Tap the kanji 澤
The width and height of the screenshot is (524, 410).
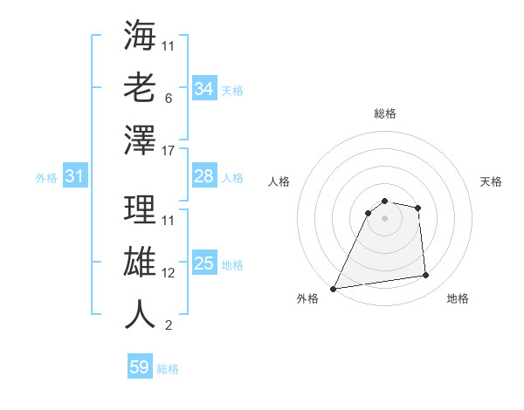click(140, 140)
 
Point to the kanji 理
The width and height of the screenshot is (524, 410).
click(140, 209)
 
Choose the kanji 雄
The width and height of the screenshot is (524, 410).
click(140, 262)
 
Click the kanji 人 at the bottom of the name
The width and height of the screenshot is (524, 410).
click(140, 314)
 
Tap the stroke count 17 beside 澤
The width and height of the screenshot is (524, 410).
click(169, 152)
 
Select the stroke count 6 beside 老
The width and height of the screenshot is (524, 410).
click(168, 99)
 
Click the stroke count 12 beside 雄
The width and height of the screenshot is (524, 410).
click(169, 273)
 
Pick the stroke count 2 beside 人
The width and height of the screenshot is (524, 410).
click(168, 326)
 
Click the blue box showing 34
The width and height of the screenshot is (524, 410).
click(203, 89)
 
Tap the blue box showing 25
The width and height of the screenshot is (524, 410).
click(203, 263)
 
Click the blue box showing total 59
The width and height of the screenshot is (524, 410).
click(139, 367)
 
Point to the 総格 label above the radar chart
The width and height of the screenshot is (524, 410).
click(384, 113)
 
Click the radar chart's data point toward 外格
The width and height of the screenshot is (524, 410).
click(333, 289)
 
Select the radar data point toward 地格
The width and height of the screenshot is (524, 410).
click(426, 276)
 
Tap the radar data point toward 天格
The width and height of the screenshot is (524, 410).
click(418, 208)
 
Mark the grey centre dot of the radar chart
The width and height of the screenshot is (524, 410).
click(384, 218)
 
